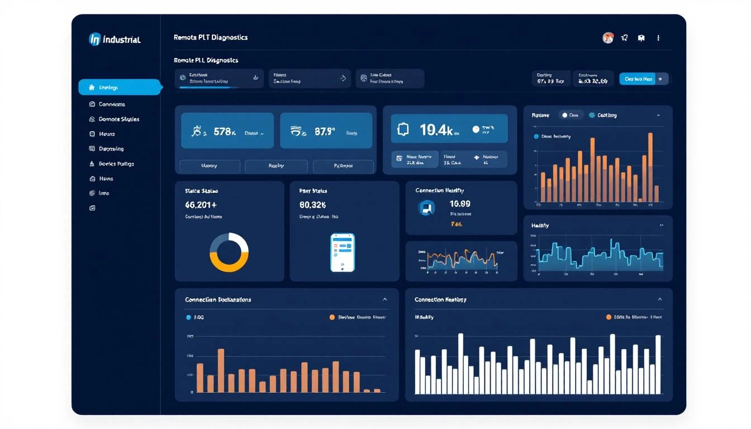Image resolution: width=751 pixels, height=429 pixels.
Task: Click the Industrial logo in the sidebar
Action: coord(115,39)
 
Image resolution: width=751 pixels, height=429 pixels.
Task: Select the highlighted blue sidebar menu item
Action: coord(120,87)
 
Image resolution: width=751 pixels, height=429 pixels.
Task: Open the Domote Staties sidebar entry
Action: coord(118,119)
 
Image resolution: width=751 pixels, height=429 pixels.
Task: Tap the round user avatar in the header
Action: coord(608,38)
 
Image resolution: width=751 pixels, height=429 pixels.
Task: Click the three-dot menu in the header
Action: coord(658,38)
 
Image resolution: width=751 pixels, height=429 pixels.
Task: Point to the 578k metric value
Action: coord(225,132)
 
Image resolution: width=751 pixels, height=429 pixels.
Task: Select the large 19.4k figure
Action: coord(435,130)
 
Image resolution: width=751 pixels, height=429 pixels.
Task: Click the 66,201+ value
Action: coord(200,204)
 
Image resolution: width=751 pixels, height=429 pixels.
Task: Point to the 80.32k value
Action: coord(313,204)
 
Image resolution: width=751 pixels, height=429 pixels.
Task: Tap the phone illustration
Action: coord(343,252)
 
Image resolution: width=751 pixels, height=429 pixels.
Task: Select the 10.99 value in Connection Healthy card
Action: coord(460,204)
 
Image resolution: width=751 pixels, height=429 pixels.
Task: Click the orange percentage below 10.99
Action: coord(456,225)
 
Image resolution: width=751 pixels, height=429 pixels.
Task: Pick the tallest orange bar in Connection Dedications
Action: coord(221,370)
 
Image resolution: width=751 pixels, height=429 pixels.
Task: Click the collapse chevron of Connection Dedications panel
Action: coord(384,299)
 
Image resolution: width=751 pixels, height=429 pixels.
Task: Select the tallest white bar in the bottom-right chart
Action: coord(460,363)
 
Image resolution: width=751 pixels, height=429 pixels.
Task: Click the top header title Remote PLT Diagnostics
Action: coord(211,37)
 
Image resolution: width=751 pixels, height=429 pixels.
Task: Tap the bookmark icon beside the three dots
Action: coord(641,38)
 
